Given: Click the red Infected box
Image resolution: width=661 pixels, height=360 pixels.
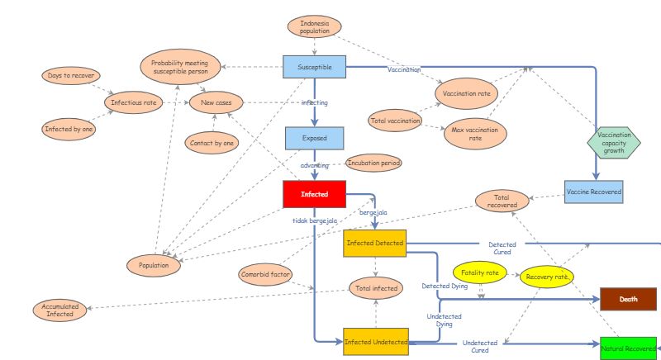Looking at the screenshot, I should pos(314,194).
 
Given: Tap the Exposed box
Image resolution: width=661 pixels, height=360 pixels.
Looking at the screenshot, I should pos(314,138).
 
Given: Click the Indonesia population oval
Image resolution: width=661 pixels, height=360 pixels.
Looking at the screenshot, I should pos(314,28).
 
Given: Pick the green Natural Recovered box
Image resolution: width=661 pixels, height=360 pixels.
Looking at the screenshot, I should pos(628,348).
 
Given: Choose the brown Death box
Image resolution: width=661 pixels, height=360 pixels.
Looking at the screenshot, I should pos(628,299).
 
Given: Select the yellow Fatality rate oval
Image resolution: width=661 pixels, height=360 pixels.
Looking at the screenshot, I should pos(480,272).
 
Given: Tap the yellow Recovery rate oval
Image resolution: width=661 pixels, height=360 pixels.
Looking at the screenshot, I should pos(546,276).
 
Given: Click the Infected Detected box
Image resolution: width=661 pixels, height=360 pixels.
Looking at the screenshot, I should pos(376,244).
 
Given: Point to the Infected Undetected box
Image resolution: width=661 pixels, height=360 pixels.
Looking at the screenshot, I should pos(376,341).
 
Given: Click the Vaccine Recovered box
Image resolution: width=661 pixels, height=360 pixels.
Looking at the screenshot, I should pos(593,192).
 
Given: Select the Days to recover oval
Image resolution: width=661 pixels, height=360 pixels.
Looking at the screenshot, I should pos(71,76).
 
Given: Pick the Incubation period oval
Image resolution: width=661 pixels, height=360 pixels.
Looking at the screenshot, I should pos(374,163).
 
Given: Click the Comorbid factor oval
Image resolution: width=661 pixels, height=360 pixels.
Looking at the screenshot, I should pos(266,274).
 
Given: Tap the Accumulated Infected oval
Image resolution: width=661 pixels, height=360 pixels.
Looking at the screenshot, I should pos(59,310).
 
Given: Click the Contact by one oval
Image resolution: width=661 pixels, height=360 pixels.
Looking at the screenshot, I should pos(213,142).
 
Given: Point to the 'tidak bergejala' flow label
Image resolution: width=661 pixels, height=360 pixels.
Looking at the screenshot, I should pos(315,221).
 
